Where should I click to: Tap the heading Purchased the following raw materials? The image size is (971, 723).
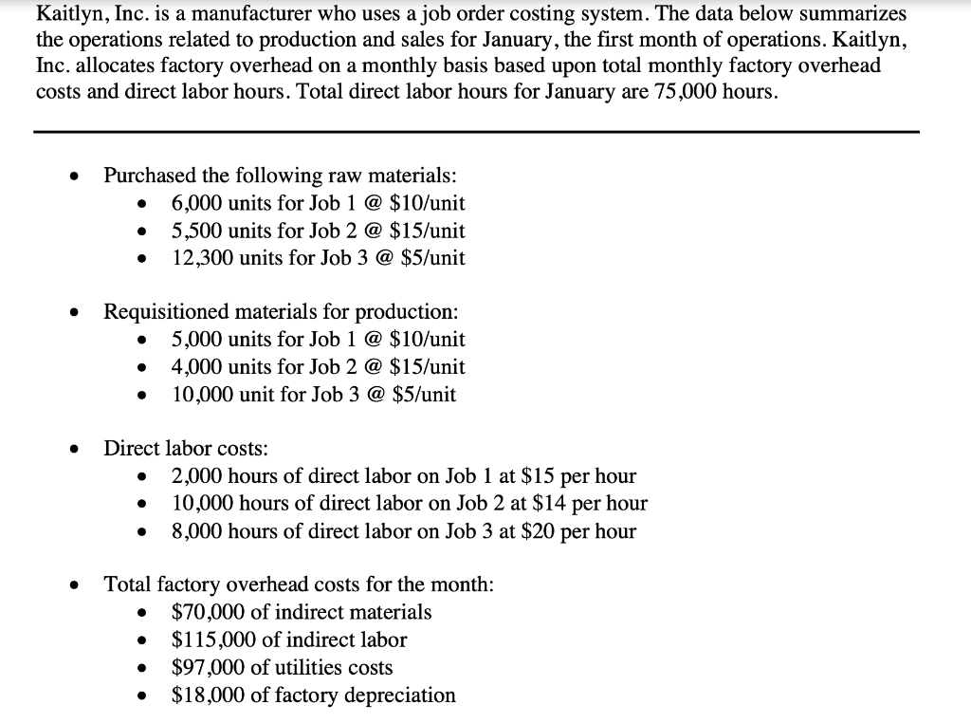[x=279, y=176]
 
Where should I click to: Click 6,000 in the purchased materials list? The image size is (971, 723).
[x=195, y=203]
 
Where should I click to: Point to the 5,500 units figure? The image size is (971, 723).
[x=195, y=231]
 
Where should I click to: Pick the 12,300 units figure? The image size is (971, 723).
[x=200, y=258]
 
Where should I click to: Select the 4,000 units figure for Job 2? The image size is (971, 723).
[x=195, y=366]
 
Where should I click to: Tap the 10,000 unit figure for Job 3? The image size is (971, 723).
[x=200, y=394]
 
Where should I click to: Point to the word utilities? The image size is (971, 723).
[x=299, y=667]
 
